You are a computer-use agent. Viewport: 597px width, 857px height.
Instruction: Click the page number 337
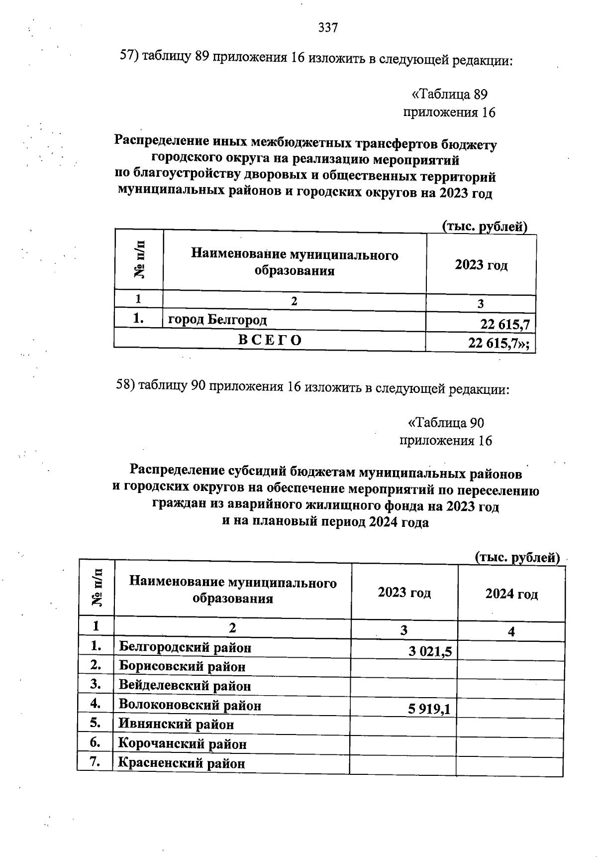(x=328, y=28)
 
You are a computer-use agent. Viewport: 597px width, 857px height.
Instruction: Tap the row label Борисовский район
(x=182, y=666)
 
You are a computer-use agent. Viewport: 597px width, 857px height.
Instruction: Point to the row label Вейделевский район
(x=185, y=686)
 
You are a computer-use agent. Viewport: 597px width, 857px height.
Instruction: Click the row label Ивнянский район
(x=176, y=724)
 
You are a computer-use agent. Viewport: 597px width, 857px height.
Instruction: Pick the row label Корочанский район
(x=182, y=744)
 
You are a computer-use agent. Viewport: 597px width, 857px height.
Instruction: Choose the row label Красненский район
(x=182, y=763)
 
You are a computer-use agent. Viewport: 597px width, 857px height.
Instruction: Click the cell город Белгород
(x=217, y=320)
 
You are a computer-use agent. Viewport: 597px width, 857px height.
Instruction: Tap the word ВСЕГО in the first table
(x=270, y=340)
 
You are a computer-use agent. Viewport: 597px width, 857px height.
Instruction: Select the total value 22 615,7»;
(x=498, y=344)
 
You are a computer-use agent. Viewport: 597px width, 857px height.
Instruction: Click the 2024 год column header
(x=511, y=594)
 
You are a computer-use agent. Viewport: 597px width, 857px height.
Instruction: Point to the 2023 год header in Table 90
(x=404, y=593)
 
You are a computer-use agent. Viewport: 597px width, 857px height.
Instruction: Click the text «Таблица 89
(x=449, y=94)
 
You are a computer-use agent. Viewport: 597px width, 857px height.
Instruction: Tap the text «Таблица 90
(x=445, y=423)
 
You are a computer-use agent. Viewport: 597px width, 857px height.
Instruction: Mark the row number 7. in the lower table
(x=96, y=761)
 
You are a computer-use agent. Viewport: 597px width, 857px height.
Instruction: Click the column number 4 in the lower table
(x=511, y=631)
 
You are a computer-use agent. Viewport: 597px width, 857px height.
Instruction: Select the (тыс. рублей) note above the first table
(x=485, y=227)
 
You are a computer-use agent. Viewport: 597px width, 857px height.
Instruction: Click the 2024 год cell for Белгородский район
(x=511, y=651)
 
